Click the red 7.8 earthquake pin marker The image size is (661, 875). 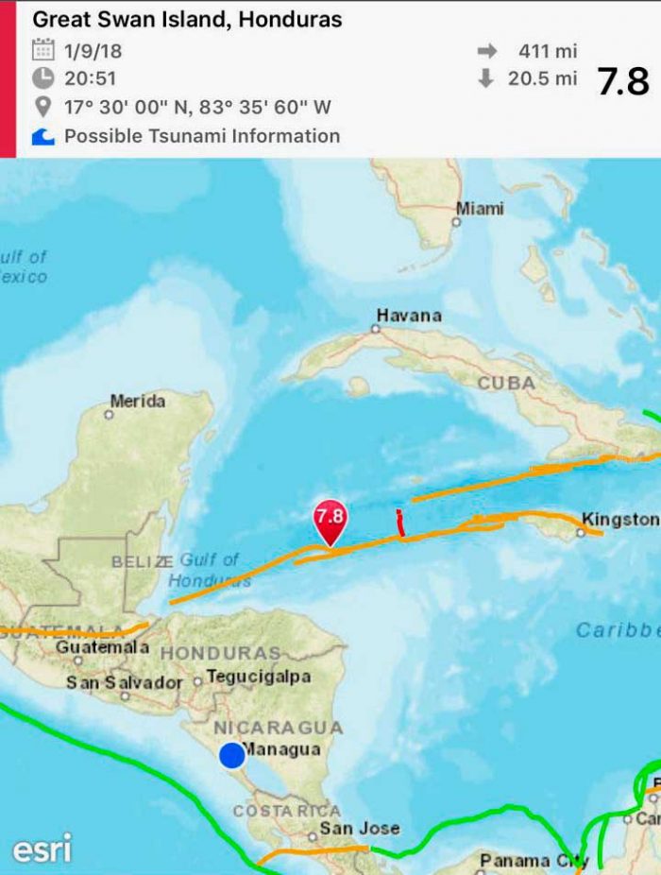pyautogui.click(x=330, y=519)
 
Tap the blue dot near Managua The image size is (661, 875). pyautogui.click(x=231, y=756)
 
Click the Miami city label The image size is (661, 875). pyautogui.click(x=480, y=209)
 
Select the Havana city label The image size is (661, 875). pyautogui.click(x=408, y=316)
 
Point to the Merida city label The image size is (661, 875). pyautogui.click(x=137, y=402)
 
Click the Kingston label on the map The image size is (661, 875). pyautogui.click(x=619, y=519)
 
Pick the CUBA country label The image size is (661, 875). pyautogui.click(x=506, y=384)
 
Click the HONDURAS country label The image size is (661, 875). pyautogui.click(x=220, y=653)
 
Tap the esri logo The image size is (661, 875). pyautogui.click(x=42, y=849)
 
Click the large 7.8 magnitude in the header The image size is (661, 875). pyautogui.click(x=623, y=82)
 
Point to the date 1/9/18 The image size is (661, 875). pyautogui.click(x=93, y=50)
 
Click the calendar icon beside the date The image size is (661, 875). pyautogui.click(x=43, y=50)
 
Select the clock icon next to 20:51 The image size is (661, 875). pyautogui.click(x=43, y=78)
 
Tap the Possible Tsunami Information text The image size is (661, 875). pyautogui.click(x=201, y=136)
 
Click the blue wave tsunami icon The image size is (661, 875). pyautogui.click(x=43, y=137)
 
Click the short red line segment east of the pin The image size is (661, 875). pyautogui.click(x=400, y=523)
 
